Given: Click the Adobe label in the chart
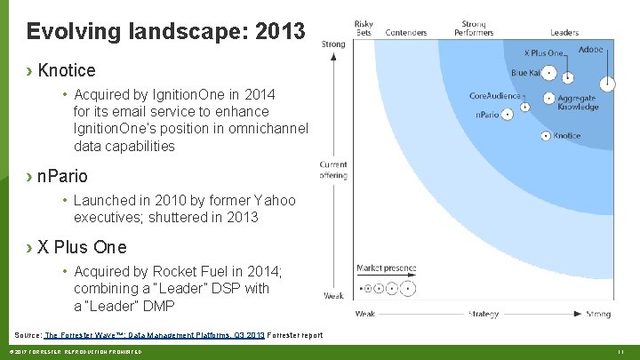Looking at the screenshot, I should tap(590, 50).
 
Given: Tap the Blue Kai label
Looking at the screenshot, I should tap(525, 73).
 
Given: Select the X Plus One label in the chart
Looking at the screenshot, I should tap(543, 53).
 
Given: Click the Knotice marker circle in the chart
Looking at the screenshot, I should tap(545, 136).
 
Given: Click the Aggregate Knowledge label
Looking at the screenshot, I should tap(577, 102).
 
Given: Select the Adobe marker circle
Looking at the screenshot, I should tap(607, 84).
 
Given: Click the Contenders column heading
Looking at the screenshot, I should tap(405, 33).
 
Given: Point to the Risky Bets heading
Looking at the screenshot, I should tap(364, 28).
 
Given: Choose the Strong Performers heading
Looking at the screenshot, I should tap(474, 28).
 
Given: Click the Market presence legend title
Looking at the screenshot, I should tap(386, 268).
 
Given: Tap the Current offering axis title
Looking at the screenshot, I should tap(333, 170).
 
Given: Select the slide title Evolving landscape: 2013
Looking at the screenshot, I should tap(165, 32).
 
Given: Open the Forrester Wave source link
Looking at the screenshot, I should tap(154, 335).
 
